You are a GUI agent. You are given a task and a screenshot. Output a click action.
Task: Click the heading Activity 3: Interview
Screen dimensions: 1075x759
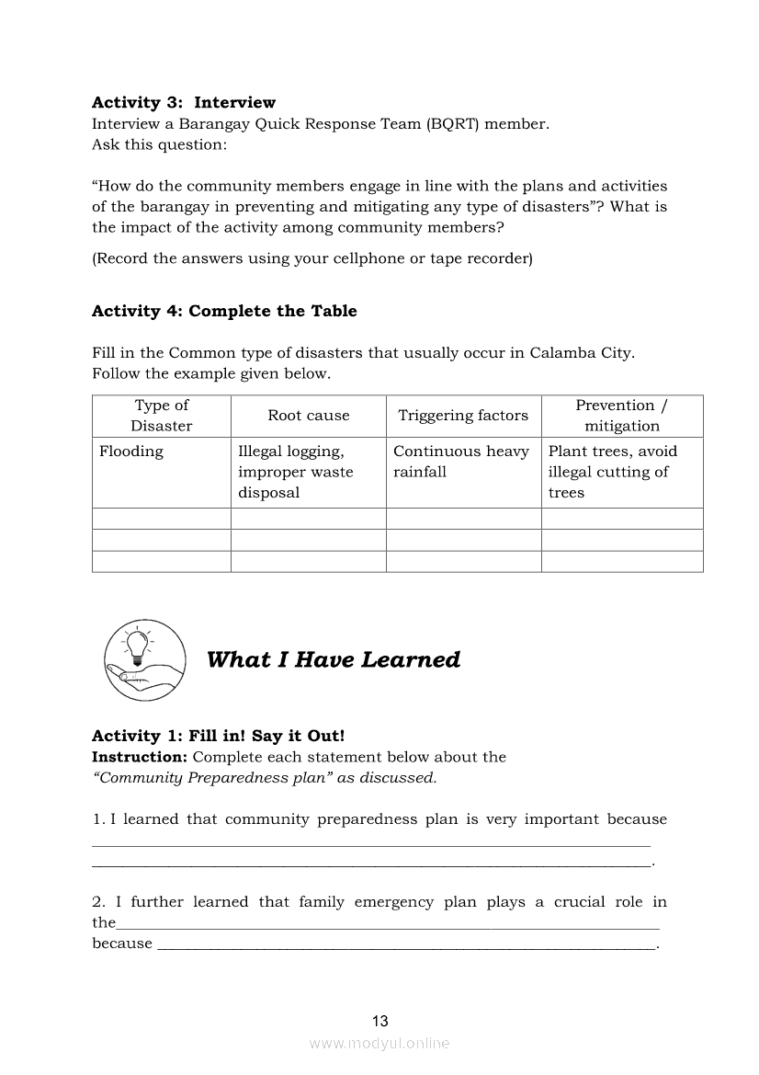pos(183,102)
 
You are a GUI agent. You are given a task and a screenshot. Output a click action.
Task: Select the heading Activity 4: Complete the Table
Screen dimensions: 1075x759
pos(224,311)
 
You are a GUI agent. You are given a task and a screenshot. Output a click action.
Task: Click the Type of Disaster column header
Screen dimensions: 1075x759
pos(161,416)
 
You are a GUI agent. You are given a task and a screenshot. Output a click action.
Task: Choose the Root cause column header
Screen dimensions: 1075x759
pos(308,416)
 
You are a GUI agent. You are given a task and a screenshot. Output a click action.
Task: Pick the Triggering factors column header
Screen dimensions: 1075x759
pos(462,416)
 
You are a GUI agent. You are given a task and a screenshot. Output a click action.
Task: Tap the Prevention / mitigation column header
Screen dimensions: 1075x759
pos(622,416)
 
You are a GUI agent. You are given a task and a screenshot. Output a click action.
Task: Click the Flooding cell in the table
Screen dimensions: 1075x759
pos(131,452)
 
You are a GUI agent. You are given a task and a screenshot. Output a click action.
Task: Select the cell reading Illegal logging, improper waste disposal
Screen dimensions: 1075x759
pos(295,472)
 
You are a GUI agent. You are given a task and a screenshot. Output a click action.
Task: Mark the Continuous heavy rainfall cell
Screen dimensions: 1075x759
pos(460,462)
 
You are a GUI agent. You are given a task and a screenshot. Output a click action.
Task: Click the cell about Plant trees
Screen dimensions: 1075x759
pos(612,472)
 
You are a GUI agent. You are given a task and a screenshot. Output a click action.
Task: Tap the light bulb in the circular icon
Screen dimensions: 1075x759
pos(137,644)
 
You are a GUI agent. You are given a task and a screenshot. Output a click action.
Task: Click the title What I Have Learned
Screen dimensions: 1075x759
pos(333,660)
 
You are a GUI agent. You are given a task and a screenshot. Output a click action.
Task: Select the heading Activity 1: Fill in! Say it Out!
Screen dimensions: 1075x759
pos(218,736)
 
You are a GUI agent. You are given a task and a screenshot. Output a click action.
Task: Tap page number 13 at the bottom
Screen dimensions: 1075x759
pos(379,1021)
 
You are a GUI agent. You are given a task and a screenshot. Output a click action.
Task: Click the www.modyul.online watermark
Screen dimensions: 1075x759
pos(379,1043)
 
